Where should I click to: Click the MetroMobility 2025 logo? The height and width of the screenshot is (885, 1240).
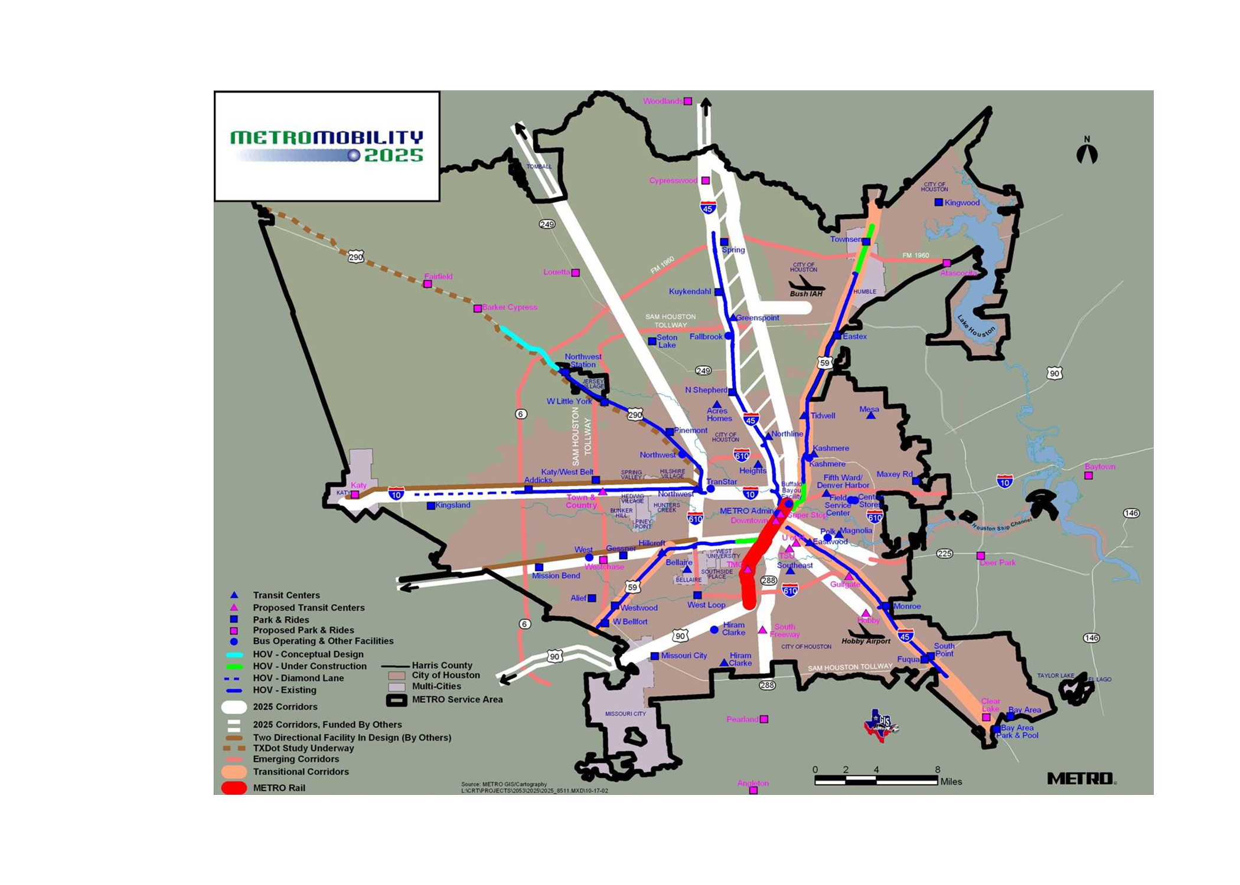click(327, 146)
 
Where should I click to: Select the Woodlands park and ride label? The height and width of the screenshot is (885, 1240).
click(663, 101)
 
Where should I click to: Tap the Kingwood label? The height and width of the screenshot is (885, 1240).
click(962, 203)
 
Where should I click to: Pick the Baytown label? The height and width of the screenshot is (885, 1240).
click(1099, 467)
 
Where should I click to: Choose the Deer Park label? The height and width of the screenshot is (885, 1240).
click(997, 563)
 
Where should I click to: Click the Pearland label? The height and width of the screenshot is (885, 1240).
click(742, 719)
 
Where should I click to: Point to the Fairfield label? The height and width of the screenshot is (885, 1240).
click(438, 277)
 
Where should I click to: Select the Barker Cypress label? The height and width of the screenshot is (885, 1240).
click(510, 307)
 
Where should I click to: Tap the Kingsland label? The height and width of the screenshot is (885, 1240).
click(453, 506)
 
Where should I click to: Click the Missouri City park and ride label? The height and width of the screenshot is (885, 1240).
click(684, 655)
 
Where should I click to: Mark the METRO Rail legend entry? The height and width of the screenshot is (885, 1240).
click(279, 788)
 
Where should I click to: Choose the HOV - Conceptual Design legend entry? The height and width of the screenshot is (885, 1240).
click(308, 654)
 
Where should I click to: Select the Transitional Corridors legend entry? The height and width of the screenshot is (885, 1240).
click(301, 772)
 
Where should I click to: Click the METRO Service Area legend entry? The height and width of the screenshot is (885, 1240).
click(457, 700)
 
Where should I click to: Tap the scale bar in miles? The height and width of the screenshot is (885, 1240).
click(876, 780)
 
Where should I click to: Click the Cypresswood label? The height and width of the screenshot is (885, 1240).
click(673, 181)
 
